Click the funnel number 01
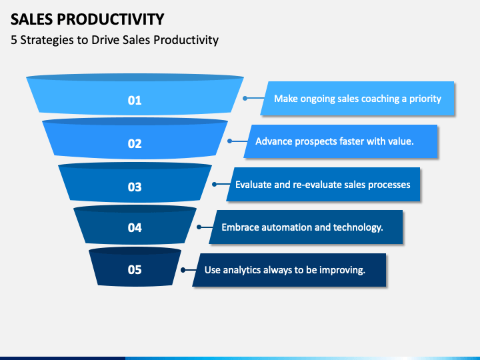point(135,101)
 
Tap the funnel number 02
point(135,143)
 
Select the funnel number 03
point(135,187)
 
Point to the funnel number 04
point(135,227)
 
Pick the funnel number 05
point(135,269)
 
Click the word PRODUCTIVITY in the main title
point(111,19)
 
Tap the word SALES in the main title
point(32,19)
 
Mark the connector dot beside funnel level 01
point(245,98)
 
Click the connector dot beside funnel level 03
point(214,184)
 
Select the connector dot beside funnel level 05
point(183,270)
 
